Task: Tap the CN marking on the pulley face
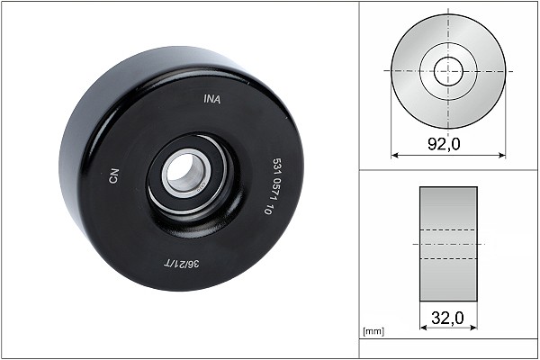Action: click(114, 176)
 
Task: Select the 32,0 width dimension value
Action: click(448, 317)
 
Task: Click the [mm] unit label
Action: click(372, 332)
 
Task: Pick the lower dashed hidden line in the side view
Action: click(448, 259)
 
